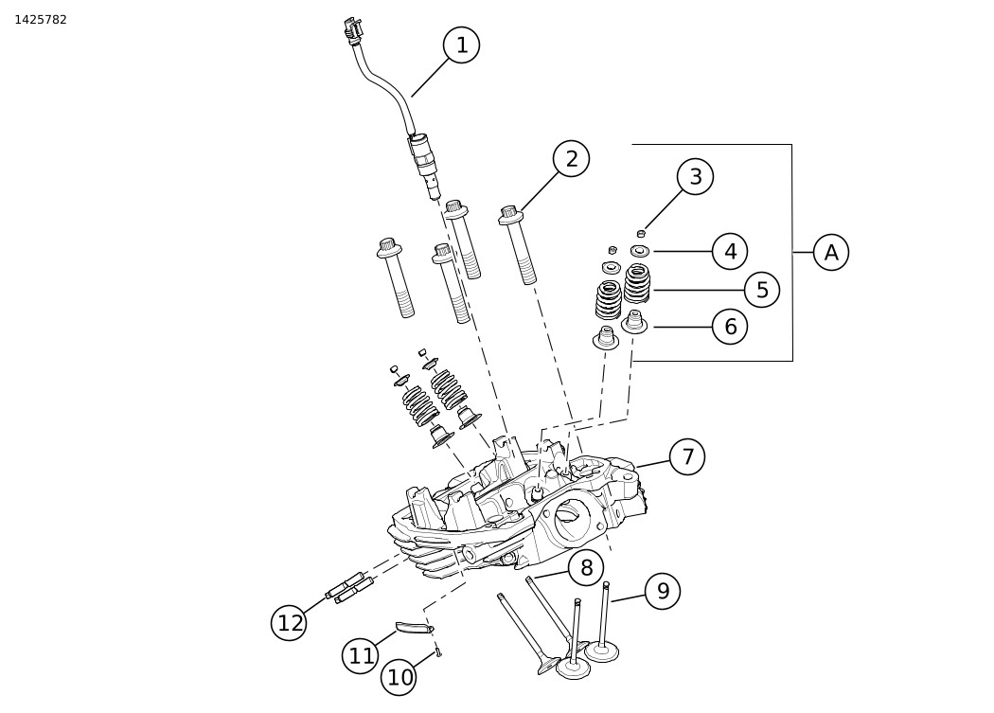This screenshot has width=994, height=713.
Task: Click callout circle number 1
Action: (462, 45)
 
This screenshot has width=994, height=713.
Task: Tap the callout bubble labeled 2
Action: (571, 158)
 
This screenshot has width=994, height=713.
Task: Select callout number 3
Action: (696, 176)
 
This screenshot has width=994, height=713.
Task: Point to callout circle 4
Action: (730, 251)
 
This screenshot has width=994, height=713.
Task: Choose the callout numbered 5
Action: (762, 290)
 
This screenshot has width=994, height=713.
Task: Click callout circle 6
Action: (730, 327)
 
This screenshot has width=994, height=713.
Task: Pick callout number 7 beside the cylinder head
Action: (687, 456)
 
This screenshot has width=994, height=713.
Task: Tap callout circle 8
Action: (586, 568)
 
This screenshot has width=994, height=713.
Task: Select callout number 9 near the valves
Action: (663, 591)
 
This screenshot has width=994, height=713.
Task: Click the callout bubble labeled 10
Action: (399, 677)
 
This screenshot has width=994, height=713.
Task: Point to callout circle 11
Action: (361, 655)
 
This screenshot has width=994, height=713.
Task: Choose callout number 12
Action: (290, 623)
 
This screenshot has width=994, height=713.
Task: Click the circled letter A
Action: (831, 252)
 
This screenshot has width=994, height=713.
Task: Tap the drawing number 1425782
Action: (41, 20)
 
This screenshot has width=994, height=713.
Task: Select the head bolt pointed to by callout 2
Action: (519, 244)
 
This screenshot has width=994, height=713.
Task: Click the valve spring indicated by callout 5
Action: (637, 283)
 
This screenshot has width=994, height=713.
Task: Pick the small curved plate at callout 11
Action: (415, 628)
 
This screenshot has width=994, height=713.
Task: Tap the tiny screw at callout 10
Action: (438, 653)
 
